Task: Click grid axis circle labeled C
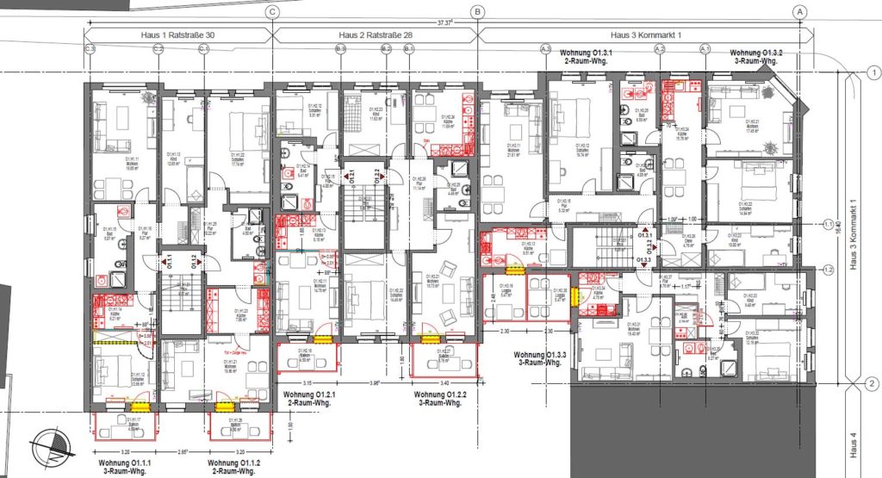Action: (x=273, y=12)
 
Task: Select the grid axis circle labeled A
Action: (x=800, y=12)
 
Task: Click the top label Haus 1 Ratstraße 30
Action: (x=178, y=35)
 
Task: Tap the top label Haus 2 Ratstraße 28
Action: (x=376, y=35)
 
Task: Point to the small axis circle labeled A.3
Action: (x=544, y=51)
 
